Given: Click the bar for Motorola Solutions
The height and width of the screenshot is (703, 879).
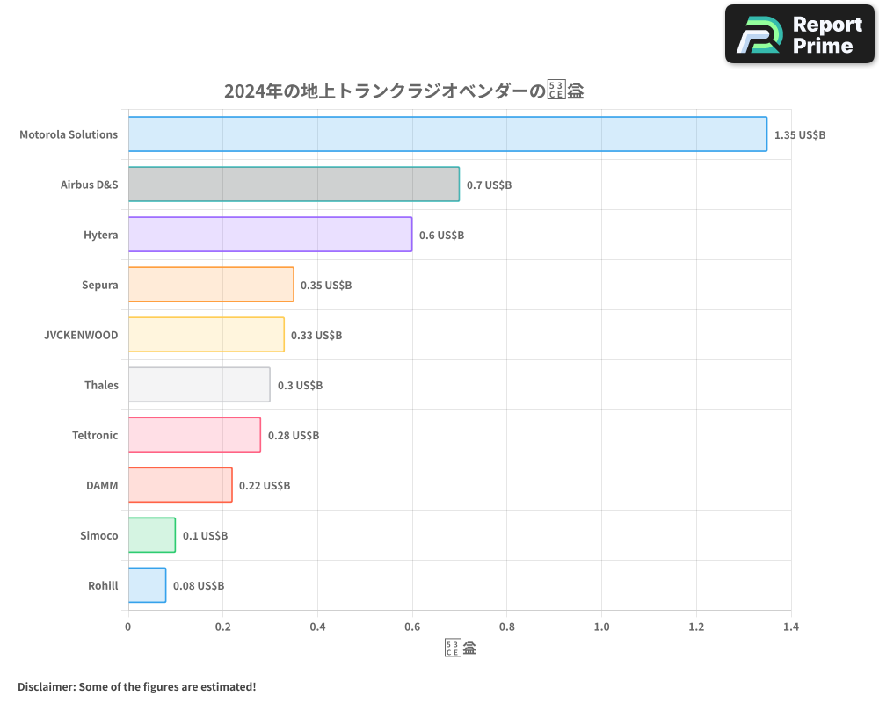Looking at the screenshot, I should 447,134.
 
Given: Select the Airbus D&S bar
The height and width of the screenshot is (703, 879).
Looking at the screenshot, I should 294,185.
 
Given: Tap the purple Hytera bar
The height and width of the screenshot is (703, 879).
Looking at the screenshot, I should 270,235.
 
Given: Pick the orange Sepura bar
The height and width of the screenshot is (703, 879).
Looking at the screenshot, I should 211,285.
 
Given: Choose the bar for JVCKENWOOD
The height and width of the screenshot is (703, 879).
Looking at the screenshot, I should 206,335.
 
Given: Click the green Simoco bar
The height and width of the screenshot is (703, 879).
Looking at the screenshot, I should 151,535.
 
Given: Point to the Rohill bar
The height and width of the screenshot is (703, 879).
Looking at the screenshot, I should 147,585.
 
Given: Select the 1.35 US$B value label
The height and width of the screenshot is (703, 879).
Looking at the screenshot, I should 799,135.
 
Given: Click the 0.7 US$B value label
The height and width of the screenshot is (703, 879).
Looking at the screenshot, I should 489,185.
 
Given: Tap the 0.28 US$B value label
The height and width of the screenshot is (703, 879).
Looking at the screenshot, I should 293,436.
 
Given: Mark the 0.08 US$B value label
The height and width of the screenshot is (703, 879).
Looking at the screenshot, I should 198,586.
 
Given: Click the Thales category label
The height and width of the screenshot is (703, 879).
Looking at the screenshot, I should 101,385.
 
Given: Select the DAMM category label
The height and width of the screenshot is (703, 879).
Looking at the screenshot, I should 102,485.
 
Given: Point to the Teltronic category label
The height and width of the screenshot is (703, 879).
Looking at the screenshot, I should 95,435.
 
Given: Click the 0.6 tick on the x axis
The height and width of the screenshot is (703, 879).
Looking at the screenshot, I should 412,627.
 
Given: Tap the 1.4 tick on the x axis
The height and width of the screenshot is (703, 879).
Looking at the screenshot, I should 791,627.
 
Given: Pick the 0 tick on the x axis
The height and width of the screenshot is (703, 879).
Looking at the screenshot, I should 128,627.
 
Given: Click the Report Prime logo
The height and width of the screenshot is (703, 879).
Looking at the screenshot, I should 799,34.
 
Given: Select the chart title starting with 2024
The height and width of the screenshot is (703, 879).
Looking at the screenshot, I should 404,91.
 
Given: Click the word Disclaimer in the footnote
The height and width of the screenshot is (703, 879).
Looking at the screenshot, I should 46,686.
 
